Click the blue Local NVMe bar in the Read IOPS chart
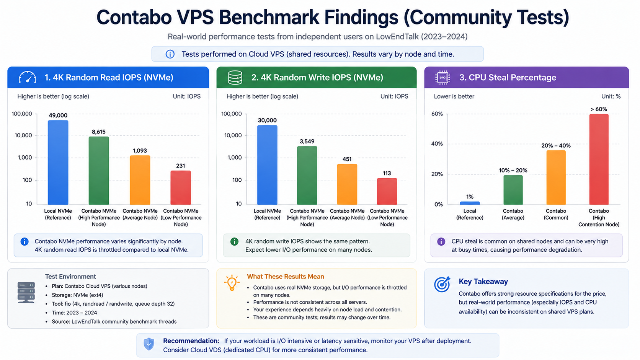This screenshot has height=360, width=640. [x=58, y=162]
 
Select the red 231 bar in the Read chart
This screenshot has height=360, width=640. [x=181, y=187]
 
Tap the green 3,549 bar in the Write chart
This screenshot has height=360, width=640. [x=307, y=175]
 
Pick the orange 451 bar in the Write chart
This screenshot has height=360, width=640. [x=347, y=184]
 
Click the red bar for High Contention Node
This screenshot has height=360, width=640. [x=599, y=159]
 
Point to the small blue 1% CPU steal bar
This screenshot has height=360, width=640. [x=470, y=203]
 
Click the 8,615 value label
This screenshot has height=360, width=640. [x=99, y=132]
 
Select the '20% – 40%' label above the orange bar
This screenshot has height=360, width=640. [x=556, y=146]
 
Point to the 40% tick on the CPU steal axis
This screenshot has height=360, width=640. [x=437, y=143]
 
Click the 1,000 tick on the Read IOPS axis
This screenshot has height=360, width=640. [x=25, y=158]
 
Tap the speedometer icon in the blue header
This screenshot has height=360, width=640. [x=28, y=77]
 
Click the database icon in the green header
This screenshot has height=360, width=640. [x=235, y=77]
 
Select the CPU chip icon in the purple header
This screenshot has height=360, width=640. [x=442, y=77]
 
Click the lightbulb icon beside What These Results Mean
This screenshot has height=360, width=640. [x=232, y=283]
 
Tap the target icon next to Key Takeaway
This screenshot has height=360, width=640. [x=442, y=284]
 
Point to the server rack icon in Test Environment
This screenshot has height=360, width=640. [x=26, y=292]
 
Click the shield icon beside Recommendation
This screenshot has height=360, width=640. [x=149, y=344]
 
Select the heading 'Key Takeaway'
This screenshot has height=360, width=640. [x=483, y=282]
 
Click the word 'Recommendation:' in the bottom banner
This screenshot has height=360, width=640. [x=191, y=341]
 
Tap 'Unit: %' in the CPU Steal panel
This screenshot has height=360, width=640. [x=611, y=96]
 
